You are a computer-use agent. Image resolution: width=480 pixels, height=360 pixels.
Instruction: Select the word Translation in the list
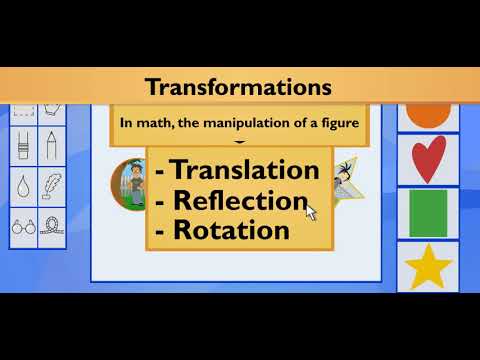coord(245,170)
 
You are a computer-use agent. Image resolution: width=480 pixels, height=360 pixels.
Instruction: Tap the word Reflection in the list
coord(240,200)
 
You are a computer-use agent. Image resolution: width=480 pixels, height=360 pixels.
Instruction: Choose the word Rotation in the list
coord(231,230)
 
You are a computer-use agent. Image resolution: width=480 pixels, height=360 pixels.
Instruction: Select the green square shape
coord(428,212)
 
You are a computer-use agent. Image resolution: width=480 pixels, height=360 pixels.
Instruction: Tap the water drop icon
coord(23,186)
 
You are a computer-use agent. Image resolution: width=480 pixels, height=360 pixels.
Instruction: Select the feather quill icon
coord(50,186)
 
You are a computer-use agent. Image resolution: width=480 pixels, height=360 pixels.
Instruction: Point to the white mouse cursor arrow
coord(311,211)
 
